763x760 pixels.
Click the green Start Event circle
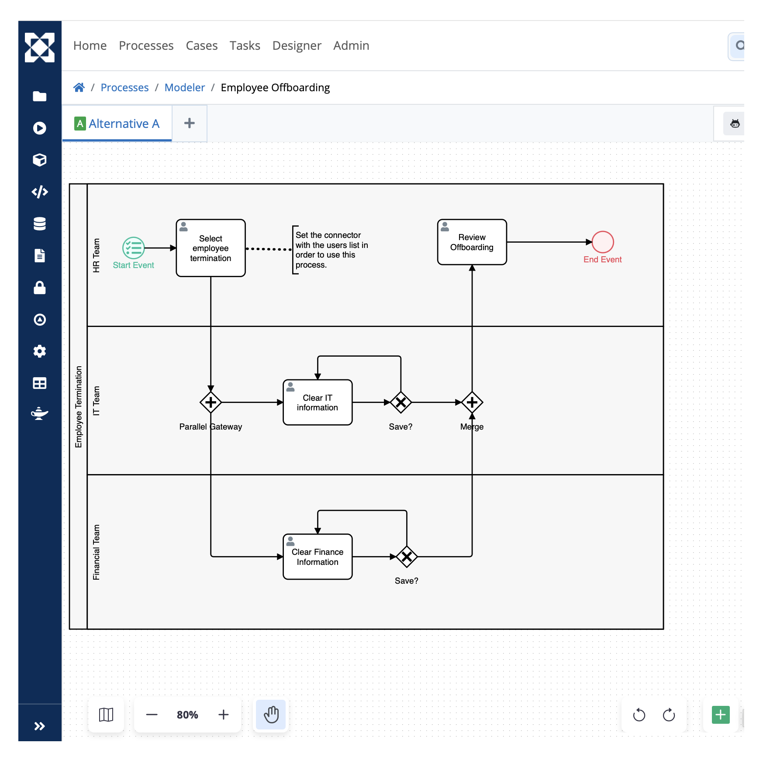coord(134,248)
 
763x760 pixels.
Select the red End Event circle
coord(603,242)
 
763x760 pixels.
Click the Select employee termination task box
coord(211,248)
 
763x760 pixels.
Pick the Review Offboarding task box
coord(472,242)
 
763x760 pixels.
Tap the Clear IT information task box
coord(318,402)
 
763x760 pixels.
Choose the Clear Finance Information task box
coord(318,557)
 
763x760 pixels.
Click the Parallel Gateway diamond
coord(211,402)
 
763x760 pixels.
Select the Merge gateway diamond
coord(472,402)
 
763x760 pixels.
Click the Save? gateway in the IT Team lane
coord(401,402)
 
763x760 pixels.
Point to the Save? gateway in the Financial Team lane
coord(407,557)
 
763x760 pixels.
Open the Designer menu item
coord(297,45)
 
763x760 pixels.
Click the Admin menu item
coord(351,45)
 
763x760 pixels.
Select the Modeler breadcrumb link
coord(185,87)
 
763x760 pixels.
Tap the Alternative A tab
coord(117,124)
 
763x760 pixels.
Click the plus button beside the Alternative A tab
coord(190,123)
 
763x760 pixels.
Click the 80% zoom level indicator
coord(187,715)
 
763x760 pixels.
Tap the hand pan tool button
coord(271,715)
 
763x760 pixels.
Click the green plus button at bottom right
coord(721,715)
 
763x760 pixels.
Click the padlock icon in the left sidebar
coord(40,288)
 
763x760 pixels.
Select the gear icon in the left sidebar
coord(40,351)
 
